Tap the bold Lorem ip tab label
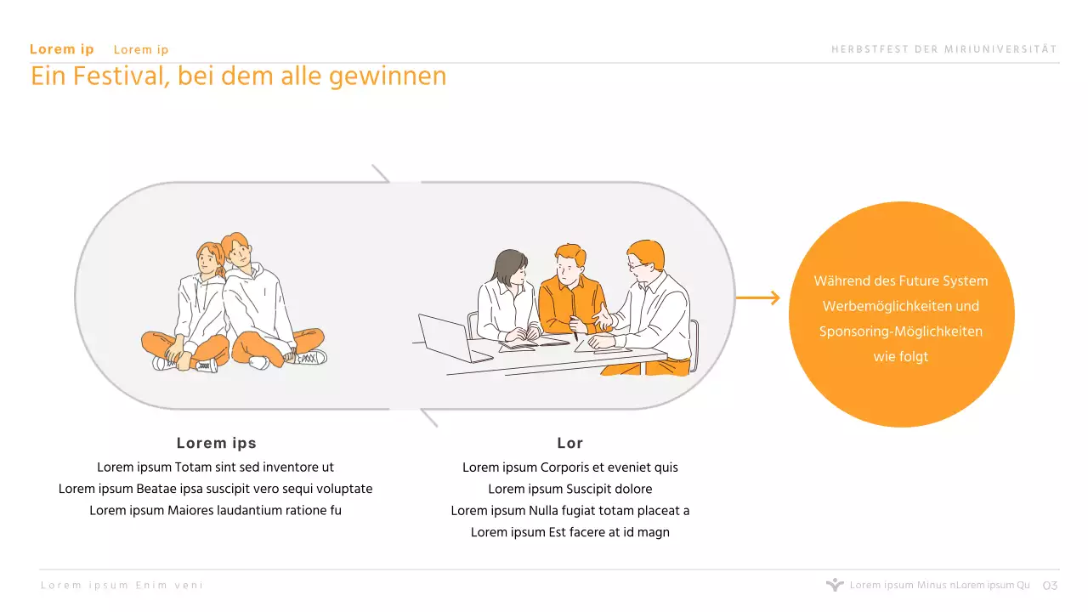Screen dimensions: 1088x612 (x=62, y=49)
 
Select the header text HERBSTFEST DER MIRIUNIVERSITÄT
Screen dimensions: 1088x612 (x=944, y=49)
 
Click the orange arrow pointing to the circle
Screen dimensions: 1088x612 (x=758, y=297)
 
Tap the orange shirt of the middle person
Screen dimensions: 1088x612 (x=571, y=303)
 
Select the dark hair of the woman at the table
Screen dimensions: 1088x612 (x=507, y=267)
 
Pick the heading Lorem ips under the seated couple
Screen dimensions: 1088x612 (x=216, y=443)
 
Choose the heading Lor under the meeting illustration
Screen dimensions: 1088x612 (x=570, y=443)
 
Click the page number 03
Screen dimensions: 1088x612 (x=1050, y=586)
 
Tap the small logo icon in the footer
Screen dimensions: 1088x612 (x=835, y=584)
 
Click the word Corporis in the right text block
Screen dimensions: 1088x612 (x=564, y=467)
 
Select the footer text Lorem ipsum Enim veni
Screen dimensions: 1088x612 (x=122, y=586)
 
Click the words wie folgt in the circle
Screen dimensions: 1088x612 (x=901, y=357)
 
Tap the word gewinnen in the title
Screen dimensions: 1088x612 (x=388, y=77)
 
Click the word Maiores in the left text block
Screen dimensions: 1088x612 (x=190, y=511)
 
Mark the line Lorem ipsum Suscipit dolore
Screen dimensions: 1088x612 (x=570, y=489)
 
